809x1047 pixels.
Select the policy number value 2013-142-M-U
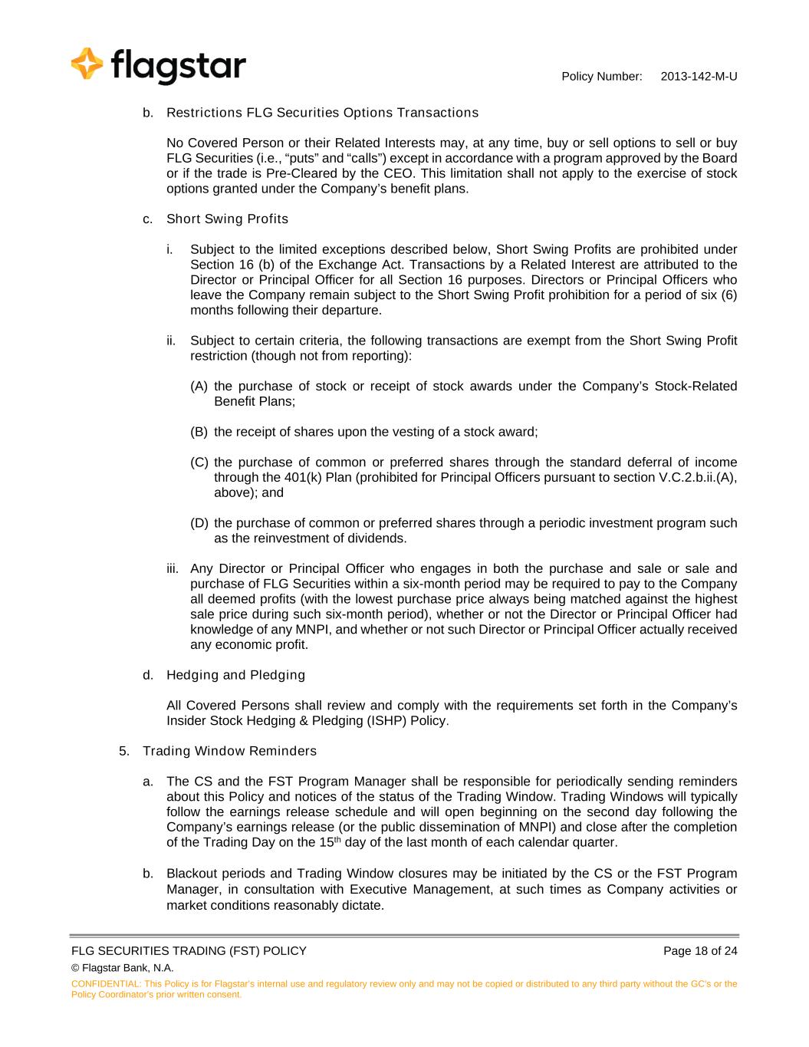coord(699,77)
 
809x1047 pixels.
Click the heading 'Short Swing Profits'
coord(227,219)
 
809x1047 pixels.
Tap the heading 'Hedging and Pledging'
coord(235,675)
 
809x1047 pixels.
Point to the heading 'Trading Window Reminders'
coord(229,751)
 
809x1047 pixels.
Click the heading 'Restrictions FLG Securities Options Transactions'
coord(322,113)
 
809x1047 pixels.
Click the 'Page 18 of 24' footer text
coord(700,951)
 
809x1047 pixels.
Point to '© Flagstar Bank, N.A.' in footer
coord(122,968)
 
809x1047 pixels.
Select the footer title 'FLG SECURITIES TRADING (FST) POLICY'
coord(189,951)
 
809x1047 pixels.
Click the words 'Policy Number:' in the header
coord(601,77)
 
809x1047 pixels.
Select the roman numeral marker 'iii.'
coord(173,569)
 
